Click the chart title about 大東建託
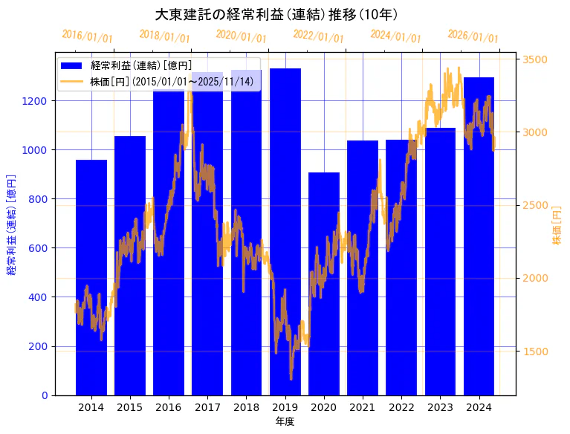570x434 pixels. click(x=276, y=15)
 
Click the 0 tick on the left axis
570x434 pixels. click(x=45, y=395)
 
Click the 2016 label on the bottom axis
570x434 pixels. click(x=169, y=407)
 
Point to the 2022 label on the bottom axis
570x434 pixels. click(x=401, y=407)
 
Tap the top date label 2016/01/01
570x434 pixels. click(x=87, y=36)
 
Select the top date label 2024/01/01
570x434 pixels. click(x=395, y=36)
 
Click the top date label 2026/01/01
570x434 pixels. click(x=473, y=36)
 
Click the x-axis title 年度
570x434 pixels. click(x=285, y=422)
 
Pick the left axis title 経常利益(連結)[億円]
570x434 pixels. click(x=11, y=224)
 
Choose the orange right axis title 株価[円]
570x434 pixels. click(x=557, y=226)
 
